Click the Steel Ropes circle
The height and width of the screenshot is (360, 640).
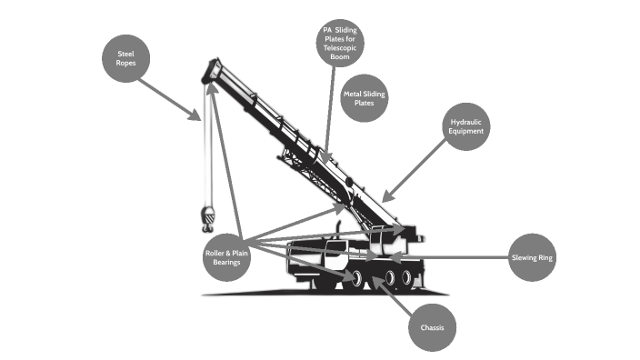(125, 60)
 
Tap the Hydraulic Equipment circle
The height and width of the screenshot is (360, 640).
(467, 126)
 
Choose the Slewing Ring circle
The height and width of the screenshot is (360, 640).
(533, 257)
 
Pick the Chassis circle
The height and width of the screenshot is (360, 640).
(432, 326)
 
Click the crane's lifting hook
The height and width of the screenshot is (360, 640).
(208, 219)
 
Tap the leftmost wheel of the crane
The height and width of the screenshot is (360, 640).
(358, 277)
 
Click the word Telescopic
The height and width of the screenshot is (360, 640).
(340, 47)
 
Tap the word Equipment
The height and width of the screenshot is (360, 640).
(467, 132)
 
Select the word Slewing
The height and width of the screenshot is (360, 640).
(525, 257)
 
